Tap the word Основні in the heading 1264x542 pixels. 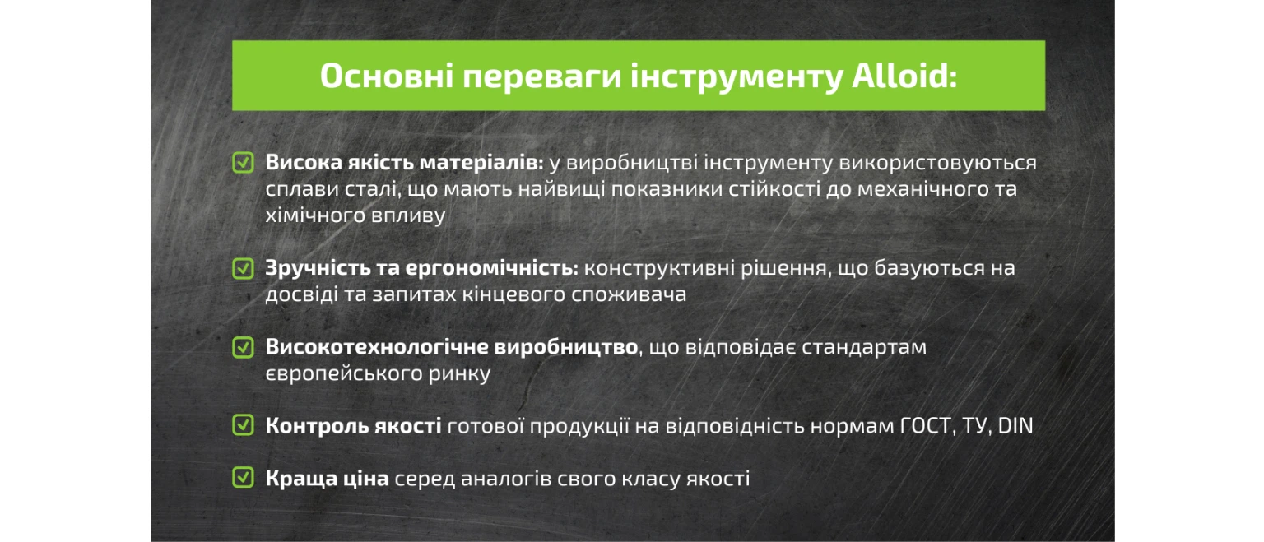(387, 76)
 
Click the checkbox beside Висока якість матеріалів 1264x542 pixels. (244, 162)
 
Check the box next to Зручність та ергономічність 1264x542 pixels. (244, 268)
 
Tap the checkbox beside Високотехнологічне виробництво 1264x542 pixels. (244, 347)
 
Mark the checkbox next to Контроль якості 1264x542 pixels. (244, 424)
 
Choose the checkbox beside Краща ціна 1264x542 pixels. (244, 478)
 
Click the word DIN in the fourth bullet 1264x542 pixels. (1015, 425)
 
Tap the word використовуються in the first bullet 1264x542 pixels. (938, 163)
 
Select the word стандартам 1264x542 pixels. (864, 347)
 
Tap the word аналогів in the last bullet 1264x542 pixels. (506, 479)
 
